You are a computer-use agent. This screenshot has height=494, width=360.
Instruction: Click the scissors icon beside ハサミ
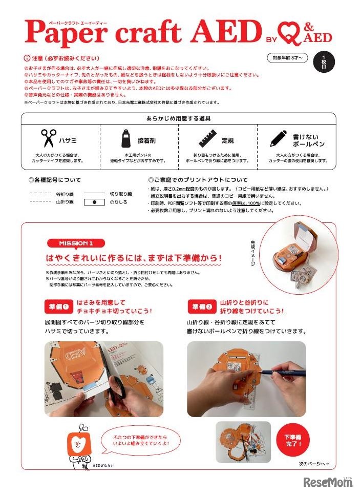pos(49,138)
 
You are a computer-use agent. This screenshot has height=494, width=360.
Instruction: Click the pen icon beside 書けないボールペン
pos(278,138)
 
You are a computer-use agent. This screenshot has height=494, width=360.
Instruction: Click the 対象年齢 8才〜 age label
pos(287,58)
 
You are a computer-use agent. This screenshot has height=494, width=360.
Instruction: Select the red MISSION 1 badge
pos(76,243)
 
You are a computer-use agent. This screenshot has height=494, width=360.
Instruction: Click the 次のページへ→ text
pos(313,464)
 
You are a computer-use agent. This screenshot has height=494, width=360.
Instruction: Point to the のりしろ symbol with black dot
pos(94,202)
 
